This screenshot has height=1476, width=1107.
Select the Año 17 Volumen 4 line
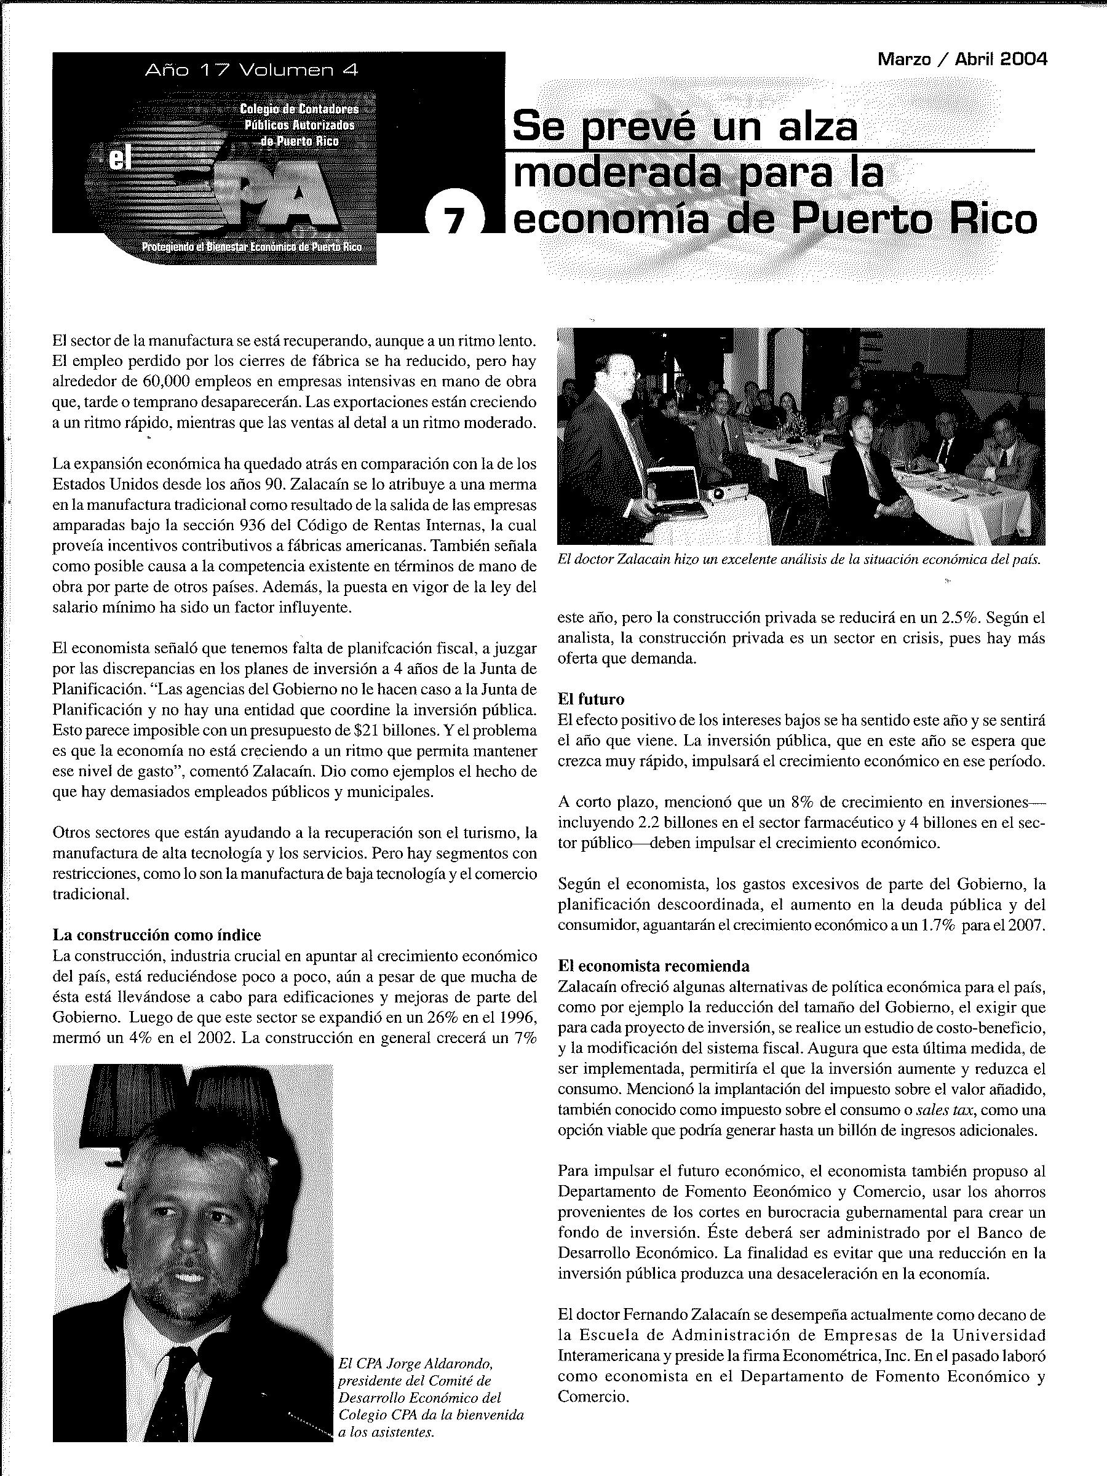click(252, 70)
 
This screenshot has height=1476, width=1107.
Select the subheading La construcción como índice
click(157, 935)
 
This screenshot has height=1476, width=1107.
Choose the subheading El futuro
click(590, 699)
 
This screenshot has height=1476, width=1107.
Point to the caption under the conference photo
click(799, 559)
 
